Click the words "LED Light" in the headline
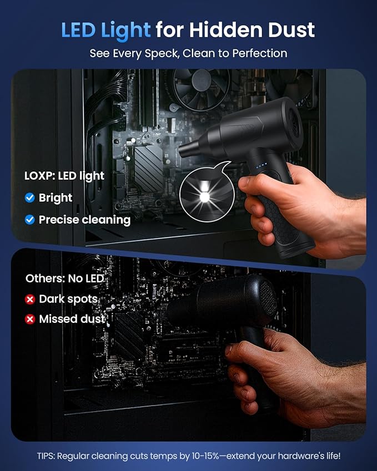coord(105,30)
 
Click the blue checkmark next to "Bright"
coord(30,197)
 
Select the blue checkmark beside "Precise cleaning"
coord(30,220)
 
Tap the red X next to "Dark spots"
coord(30,300)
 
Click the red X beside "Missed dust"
coord(30,320)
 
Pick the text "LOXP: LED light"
coord(64,176)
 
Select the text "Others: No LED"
coord(64,278)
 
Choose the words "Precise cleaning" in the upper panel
coord(84,220)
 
